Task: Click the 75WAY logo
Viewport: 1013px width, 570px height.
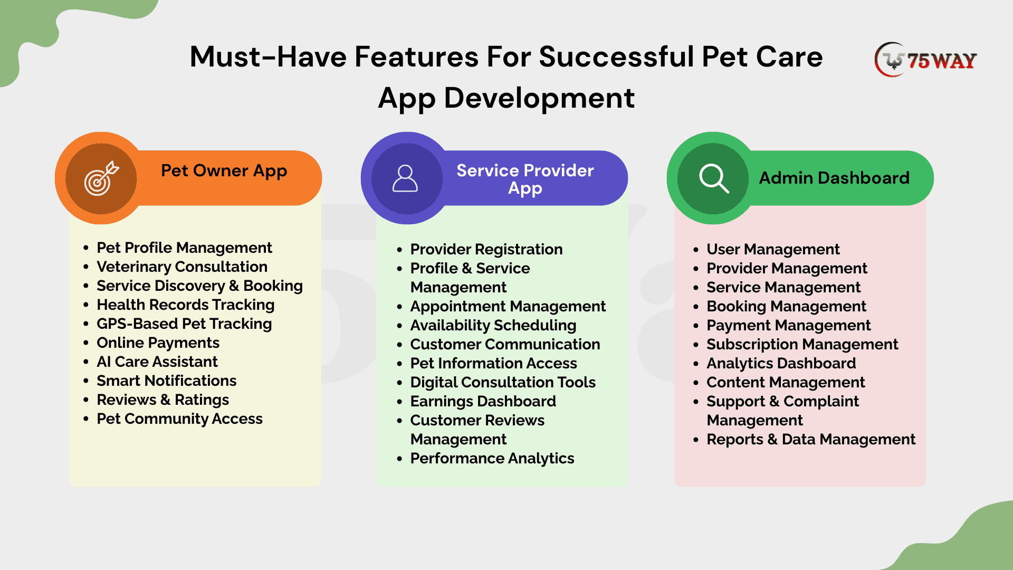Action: (x=925, y=60)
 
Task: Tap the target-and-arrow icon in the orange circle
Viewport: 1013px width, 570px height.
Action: (x=101, y=178)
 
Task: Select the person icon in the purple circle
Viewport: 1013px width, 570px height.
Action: (x=405, y=178)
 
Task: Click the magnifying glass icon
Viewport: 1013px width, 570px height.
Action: (x=714, y=178)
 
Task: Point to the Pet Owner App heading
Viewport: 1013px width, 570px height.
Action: (x=224, y=171)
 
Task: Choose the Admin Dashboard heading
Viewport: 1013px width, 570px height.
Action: (x=834, y=178)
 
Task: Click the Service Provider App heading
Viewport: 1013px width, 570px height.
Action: (x=525, y=179)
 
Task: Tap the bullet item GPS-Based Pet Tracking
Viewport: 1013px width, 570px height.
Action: (x=184, y=324)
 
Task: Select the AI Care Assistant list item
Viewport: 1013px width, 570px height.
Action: (x=157, y=362)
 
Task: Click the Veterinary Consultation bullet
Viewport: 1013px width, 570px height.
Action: (x=182, y=267)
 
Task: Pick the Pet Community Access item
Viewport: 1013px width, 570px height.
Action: (x=179, y=419)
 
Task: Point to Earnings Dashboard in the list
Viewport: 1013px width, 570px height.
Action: (x=483, y=401)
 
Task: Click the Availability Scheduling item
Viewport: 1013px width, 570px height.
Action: (x=493, y=325)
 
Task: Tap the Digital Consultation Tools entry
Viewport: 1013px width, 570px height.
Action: (x=503, y=382)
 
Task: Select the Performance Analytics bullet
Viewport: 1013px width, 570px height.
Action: (x=492, y=458)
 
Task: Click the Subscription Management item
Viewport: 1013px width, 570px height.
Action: (x=802, y=344)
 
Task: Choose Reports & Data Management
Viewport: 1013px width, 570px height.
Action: (x=811, y=439)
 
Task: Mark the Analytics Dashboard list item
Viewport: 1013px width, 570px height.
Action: (x=781, y=363)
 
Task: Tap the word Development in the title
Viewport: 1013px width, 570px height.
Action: (x=539, y=98)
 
